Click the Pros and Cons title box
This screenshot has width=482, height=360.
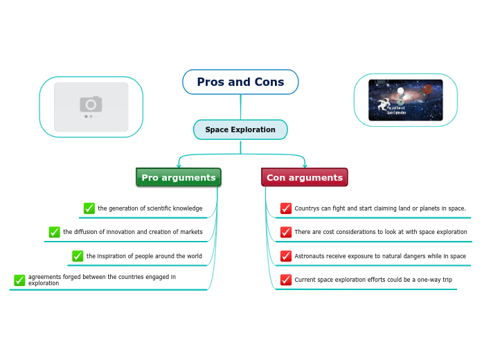(240, 82)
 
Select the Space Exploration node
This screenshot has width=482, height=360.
(240, 129)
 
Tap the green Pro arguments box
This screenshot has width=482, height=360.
(179, 177)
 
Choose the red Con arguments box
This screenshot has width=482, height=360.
(305, 177)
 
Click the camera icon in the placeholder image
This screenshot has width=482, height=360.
(91, 105)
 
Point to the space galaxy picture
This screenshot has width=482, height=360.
(405, 100)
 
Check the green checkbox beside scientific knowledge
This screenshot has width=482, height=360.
(89, 208)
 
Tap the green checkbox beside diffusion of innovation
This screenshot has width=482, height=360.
(55, 232)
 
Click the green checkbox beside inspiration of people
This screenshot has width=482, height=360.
(78, 256)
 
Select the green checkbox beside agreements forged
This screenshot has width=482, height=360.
(19, 280)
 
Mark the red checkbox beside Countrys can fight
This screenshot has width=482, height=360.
(286, 208)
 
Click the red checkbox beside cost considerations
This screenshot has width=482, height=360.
(286, 232)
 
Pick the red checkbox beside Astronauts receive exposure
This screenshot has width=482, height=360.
(286, 256)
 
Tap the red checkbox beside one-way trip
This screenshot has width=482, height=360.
(286, 280)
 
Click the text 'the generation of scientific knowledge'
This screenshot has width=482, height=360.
(150, 208)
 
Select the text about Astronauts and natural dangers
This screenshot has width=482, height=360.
(380, 256)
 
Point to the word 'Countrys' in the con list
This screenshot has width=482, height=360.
(307, 208)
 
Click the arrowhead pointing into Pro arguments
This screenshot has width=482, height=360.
(179, 166)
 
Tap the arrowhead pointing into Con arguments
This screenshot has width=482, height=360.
(305, 166)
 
